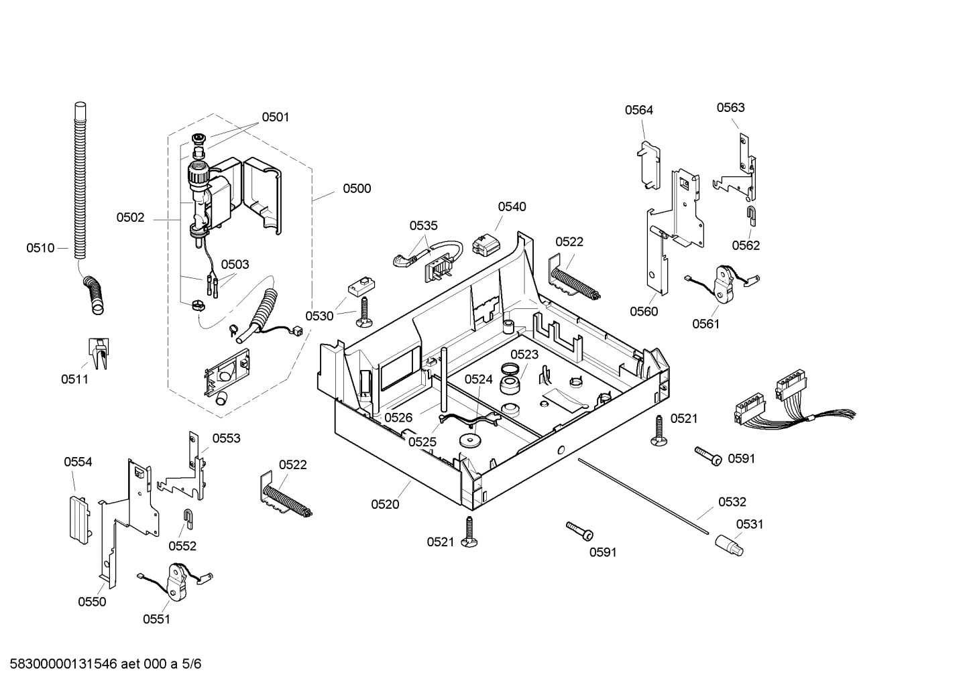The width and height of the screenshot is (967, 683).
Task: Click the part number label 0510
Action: [x=40, y=248]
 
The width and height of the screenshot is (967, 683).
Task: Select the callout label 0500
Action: [x=357, y=188]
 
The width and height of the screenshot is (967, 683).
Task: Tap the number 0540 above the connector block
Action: [x=512, y=206]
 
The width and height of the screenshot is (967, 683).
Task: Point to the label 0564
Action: [x=638, y=110]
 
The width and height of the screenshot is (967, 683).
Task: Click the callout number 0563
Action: [x=730, y=107]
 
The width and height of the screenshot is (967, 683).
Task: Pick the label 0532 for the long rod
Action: [x=732, y=501]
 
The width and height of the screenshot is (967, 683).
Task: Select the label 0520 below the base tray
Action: [x=385, y=504]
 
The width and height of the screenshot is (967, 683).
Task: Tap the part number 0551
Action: [x=156, y=619]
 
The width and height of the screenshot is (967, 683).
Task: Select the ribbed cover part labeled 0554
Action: [x=79, y=517]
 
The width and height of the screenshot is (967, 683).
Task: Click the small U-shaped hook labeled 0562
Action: [x=752, y=216]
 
